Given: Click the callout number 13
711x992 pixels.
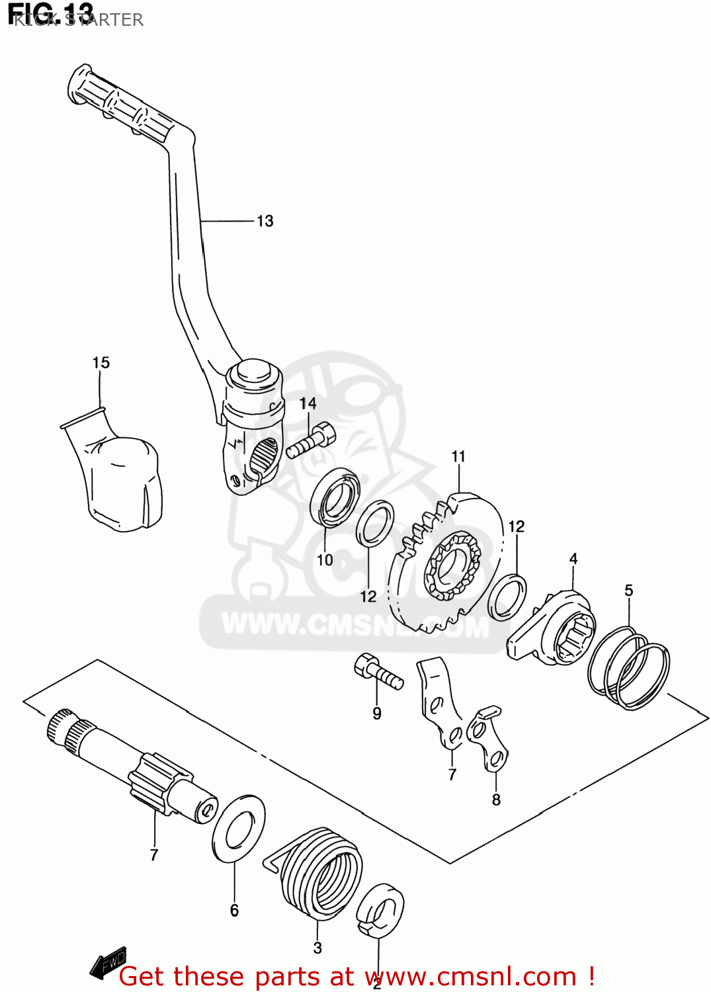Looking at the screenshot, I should point(265,221).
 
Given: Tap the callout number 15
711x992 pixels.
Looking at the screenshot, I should point(101,362).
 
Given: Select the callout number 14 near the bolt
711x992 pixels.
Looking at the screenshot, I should point(308,403).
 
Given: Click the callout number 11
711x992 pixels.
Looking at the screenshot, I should point(458,456).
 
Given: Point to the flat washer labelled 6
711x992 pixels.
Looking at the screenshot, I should point(239,828).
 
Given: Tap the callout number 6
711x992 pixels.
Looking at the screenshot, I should point(234,911).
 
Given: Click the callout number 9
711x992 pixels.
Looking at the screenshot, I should point(377,714).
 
